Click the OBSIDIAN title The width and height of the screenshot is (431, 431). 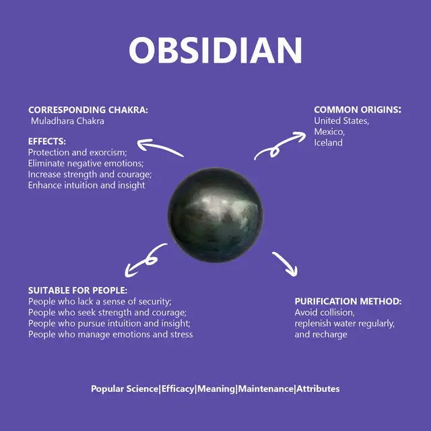215,51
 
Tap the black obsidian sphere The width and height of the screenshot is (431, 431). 215,215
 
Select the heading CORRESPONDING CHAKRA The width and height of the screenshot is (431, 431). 88,110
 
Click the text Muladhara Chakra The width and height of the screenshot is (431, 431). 67,121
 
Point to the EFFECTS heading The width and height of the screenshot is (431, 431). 47,141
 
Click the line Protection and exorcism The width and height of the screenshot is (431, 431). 77,152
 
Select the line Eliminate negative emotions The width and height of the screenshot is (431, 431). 86,163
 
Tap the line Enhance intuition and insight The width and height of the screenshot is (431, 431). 86,185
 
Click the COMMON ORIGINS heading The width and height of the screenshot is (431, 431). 358,110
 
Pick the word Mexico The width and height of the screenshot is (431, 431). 329,132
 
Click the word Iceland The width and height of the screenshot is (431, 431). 328,143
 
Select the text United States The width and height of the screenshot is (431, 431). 341,121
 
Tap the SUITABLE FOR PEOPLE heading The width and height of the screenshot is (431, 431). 78,290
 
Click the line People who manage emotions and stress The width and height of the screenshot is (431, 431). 110,335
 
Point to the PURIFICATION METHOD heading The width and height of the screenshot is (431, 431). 348,302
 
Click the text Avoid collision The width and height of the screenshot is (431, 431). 325,312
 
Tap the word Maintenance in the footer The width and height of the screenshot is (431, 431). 266,389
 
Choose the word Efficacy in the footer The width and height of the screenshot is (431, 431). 178,389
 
